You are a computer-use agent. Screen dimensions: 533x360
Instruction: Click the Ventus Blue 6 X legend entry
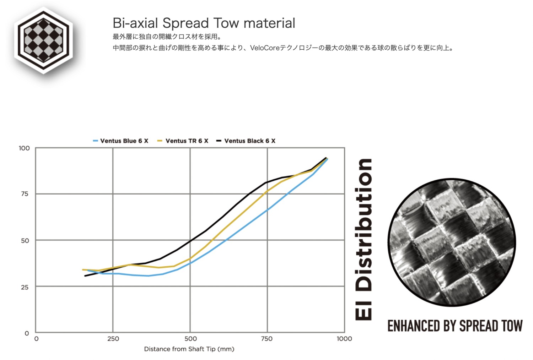(120, 141)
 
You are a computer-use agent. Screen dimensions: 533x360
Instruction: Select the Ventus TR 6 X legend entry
(183, 141)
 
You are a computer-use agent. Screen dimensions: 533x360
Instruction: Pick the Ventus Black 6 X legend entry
(246, 141)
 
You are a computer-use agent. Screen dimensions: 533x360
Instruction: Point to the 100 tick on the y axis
(24, 148)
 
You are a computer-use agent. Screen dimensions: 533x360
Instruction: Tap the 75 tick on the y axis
(25, 194)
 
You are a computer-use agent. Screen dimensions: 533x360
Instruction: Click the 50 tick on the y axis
(25, 241)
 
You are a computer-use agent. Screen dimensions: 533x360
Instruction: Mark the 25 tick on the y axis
(25, 287)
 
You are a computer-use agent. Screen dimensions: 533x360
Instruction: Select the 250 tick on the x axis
(113, 339)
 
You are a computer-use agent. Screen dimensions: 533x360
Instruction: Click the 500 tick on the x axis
(190, 339)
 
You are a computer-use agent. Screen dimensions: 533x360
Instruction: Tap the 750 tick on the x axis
(267, 339)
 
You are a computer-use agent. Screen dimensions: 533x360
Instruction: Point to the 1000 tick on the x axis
(344, 339)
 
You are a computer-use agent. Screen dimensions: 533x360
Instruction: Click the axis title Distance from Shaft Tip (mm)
(189, 349)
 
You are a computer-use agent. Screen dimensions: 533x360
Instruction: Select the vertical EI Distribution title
(364, 239)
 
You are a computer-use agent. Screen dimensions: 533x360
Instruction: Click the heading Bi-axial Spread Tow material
(204, 23)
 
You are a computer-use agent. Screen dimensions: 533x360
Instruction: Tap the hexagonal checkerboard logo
(43, 40)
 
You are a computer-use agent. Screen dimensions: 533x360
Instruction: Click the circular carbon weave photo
(452, 242)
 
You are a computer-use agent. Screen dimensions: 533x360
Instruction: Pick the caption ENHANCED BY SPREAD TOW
(455, 326)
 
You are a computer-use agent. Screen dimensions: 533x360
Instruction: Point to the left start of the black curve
(85, 276)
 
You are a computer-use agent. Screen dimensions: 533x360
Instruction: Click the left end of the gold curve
(82, 269)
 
